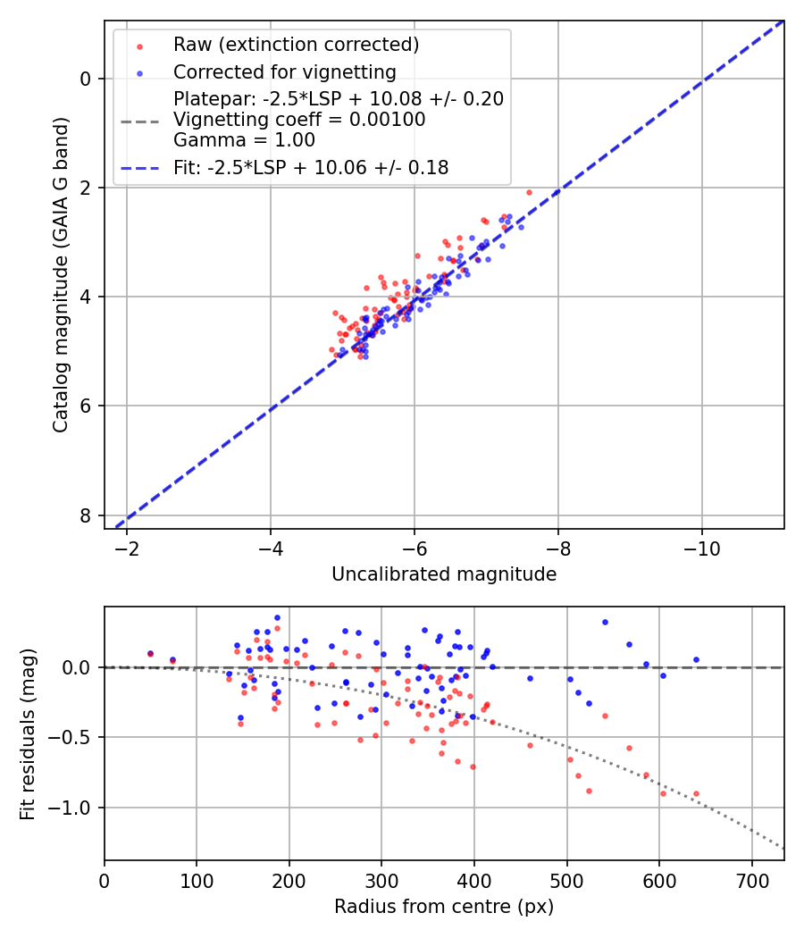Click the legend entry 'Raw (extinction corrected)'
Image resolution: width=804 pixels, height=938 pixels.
296,45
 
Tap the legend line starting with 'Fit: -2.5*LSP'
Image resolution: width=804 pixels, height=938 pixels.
311,167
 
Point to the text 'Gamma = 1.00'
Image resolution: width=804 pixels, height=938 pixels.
244,139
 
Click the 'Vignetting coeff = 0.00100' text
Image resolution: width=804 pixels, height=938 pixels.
299,119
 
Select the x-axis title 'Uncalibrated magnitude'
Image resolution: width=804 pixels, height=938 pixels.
444,574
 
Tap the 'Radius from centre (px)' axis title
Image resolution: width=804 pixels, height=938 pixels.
444,907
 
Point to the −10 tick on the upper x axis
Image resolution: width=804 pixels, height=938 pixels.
701,547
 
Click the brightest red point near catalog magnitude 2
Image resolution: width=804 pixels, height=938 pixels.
529,192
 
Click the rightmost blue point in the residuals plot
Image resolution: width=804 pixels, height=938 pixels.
696,659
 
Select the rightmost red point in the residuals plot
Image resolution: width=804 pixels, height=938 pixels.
696,793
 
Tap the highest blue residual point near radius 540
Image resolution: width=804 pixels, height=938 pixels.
605,622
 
